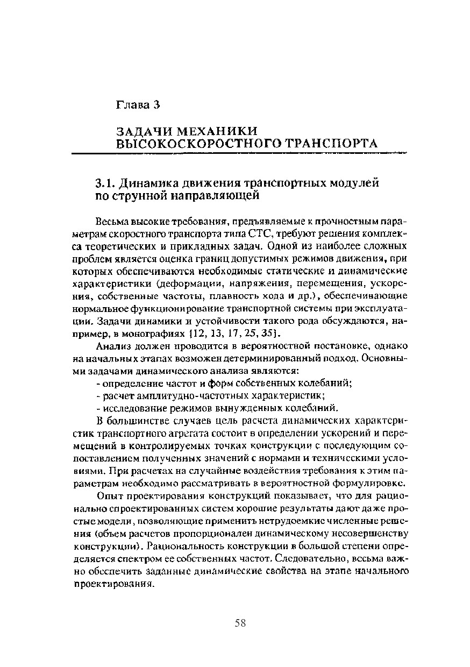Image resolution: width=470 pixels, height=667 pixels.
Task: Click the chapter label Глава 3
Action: click(x=139, y=104)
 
